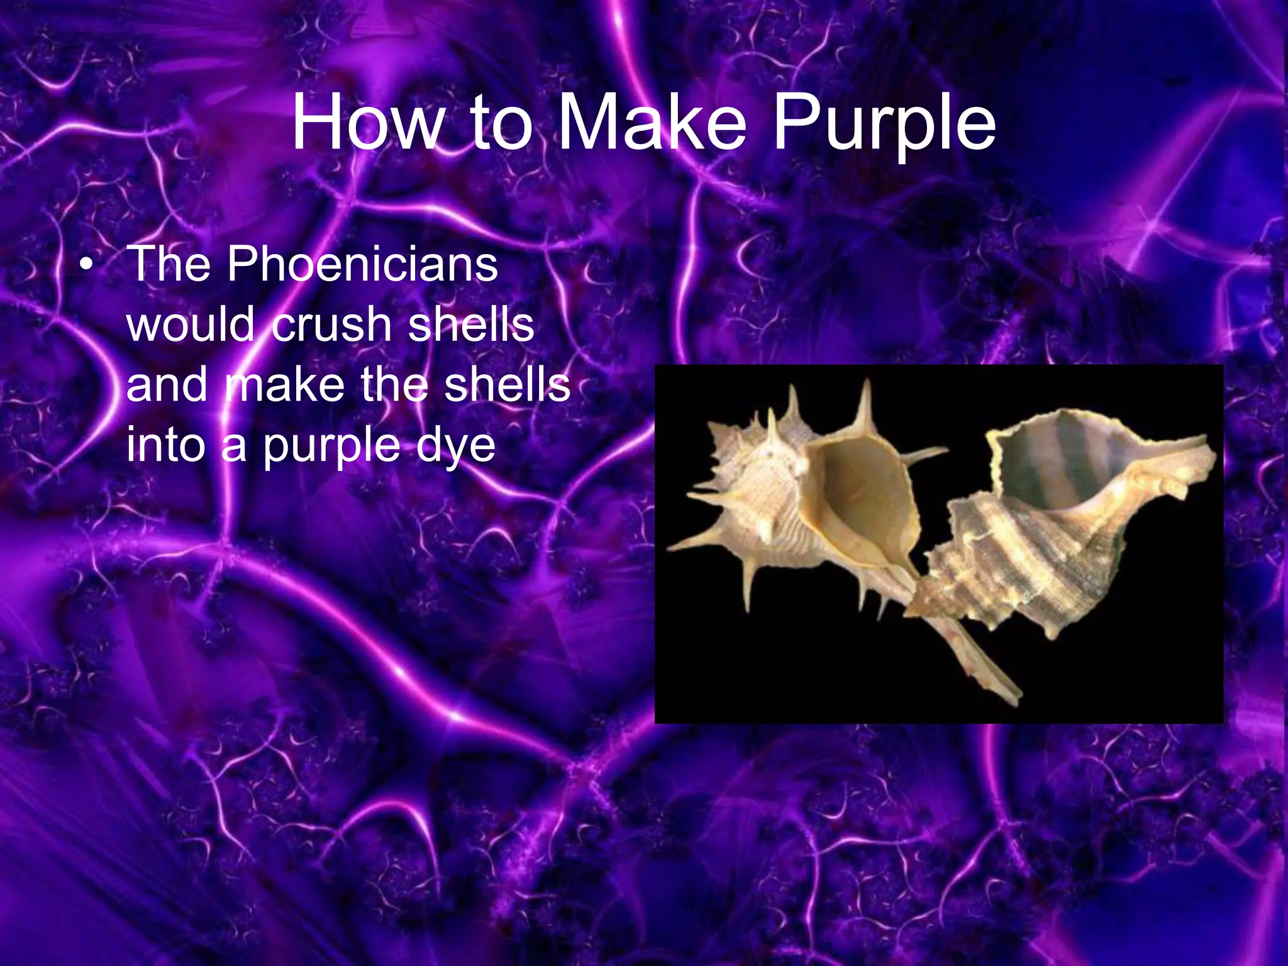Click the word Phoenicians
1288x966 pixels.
362,264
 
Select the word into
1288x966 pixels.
165,445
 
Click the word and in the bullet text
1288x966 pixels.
166,385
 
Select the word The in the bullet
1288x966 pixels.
169,264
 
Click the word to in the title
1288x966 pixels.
501,123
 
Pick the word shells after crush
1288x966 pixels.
471,325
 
